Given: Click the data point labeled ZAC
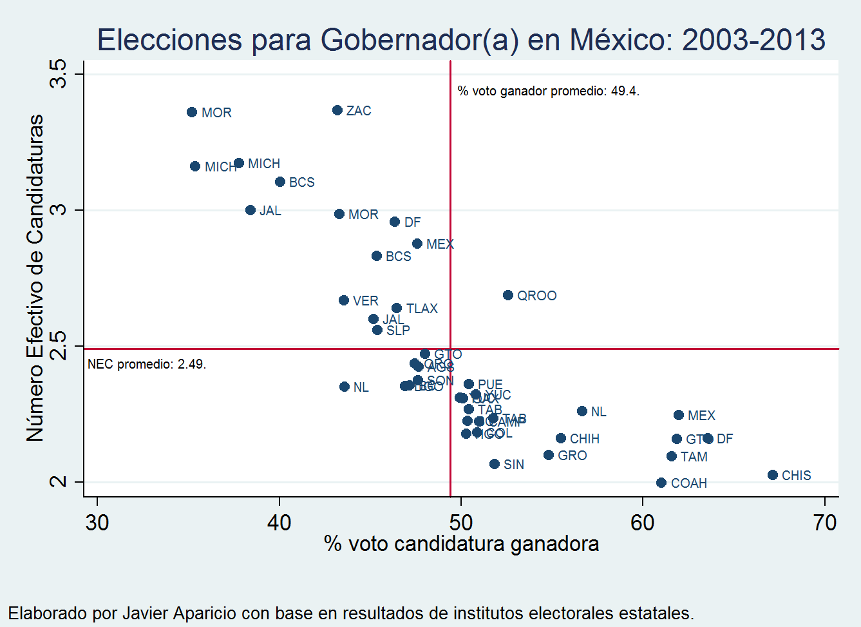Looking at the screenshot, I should tap(337, 110).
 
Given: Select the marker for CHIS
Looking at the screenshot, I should tap(773, 475).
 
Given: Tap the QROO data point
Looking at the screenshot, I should tap(508, 295).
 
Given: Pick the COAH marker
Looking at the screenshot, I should tap(661, 483).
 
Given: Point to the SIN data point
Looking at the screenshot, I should tap(495, 464).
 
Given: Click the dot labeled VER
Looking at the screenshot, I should tap(344, 300).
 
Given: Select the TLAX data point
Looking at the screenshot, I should tap(397, 308).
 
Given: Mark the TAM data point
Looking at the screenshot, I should tap(672, 456).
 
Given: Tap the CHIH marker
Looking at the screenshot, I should tap(561, 438).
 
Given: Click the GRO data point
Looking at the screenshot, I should tap(549, 455).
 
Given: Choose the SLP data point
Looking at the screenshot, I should tap(377, 330).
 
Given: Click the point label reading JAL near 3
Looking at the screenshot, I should tap(270, 211).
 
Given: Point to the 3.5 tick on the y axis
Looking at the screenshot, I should tap(59, 74).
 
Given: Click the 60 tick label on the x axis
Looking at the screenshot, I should tap(642, 522).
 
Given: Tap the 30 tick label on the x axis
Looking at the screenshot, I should tap(97, 522).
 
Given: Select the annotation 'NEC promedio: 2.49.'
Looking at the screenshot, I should tap(147, 364).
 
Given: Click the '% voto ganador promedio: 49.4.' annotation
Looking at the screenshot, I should tap(548, 91).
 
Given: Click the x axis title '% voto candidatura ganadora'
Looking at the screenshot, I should tap(461, 544).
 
